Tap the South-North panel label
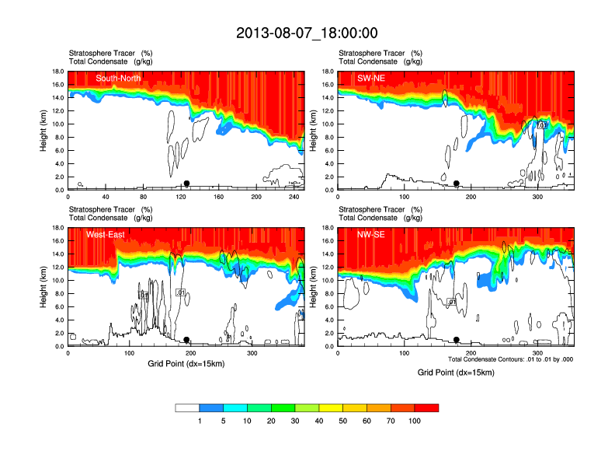(x=118, y=78)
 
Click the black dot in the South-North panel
(x=186, y=184)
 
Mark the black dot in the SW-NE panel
(x=457, y=184)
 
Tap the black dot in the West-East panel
(x=186, y=340)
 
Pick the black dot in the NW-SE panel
(x=457, y=340)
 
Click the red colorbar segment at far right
(x=426, y=408)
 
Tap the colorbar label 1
(x=200, y=420)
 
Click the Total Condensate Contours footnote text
(x=510, y=359)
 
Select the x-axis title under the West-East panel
(x=186, y=363)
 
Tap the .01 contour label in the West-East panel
(x=180, y=292)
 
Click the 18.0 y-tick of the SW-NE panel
(x=328, y=72)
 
